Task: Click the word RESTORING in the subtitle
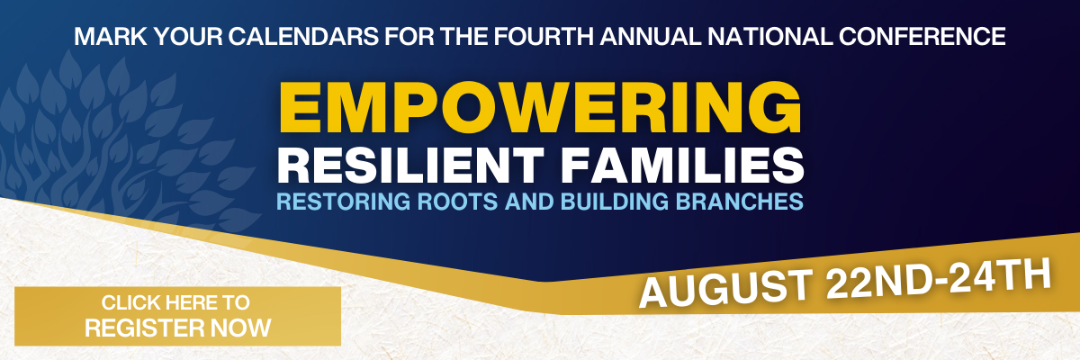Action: pyautogui.click(x=343, y=202)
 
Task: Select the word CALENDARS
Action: pyautogui.click(x=303, y=37)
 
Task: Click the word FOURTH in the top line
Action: pyautogui.click(x=544, y=37)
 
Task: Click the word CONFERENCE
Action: pyautogui.click(x=922, y=37)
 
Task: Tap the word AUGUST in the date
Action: pyautogui.click(x=725, y=288)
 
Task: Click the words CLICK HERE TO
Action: pyautogui.click(x=175, y=303)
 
